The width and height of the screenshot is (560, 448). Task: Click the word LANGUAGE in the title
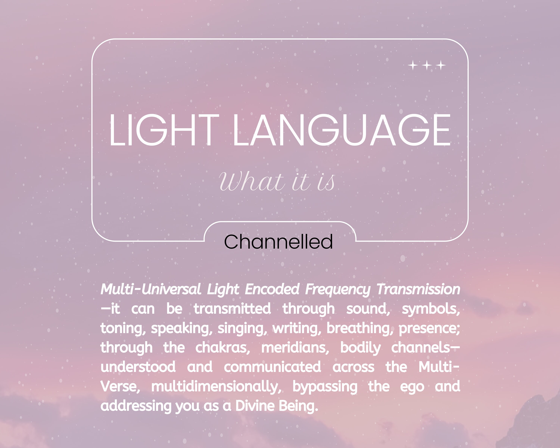point(342,130)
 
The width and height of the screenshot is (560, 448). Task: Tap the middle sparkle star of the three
point(427,65)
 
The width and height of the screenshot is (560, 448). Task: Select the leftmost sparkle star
point(413,65)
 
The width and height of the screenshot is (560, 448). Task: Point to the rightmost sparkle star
point(441,65)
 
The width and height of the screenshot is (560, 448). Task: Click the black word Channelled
point(278,242)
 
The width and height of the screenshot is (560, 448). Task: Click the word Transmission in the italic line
point(418,289)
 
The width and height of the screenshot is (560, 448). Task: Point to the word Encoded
point(272,289)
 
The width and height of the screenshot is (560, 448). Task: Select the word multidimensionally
point(216,387)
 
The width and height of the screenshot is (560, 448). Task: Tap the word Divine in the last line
point(255,406)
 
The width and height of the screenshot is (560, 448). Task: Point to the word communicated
point(272,367)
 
